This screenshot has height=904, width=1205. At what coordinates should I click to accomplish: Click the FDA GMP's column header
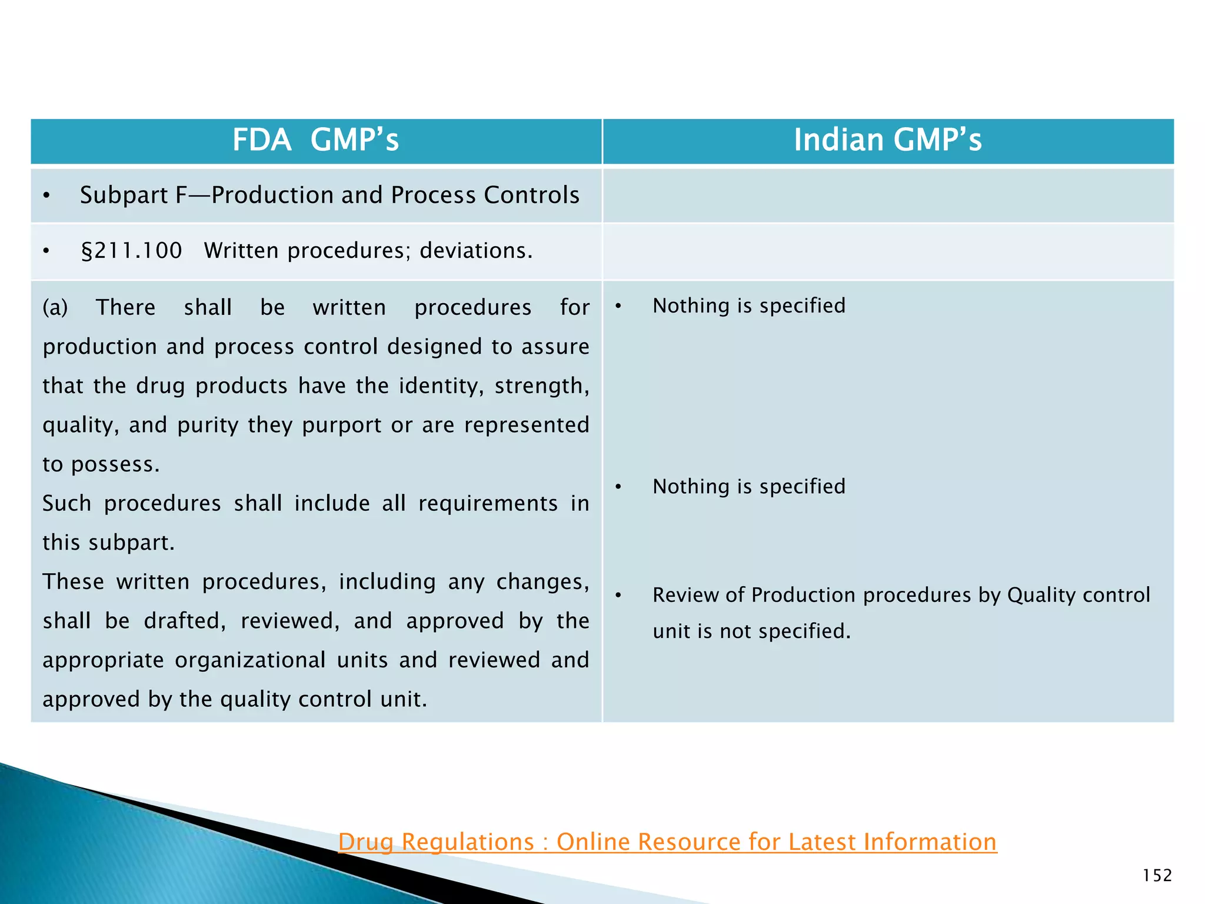315,140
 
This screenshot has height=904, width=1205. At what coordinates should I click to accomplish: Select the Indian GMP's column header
887,140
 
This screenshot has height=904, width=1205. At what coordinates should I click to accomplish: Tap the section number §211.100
131,251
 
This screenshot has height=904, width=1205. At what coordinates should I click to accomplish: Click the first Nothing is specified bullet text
748,305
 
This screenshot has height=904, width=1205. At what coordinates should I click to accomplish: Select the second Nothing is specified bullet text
748,486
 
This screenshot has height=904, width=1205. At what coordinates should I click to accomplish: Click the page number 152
1157,875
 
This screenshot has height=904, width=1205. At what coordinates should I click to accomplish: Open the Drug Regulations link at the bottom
667,842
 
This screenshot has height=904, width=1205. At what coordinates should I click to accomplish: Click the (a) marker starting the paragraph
55,307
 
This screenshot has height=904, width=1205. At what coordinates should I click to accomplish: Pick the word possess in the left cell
115,465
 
